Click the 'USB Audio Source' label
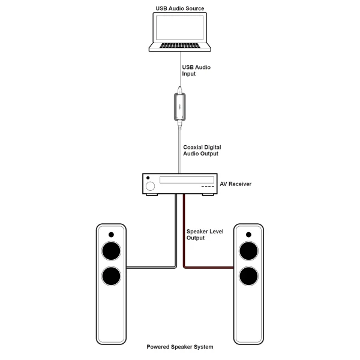(179, 8)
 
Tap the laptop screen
(180, 29)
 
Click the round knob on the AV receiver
(149, 183)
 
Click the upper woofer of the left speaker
(111, 250)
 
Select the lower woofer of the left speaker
(111, 276)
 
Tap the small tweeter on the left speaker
(111, 234)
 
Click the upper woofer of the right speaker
(249, 250)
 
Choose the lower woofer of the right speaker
(249, 276)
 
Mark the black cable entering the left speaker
(150, 267)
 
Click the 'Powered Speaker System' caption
(180, 347)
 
